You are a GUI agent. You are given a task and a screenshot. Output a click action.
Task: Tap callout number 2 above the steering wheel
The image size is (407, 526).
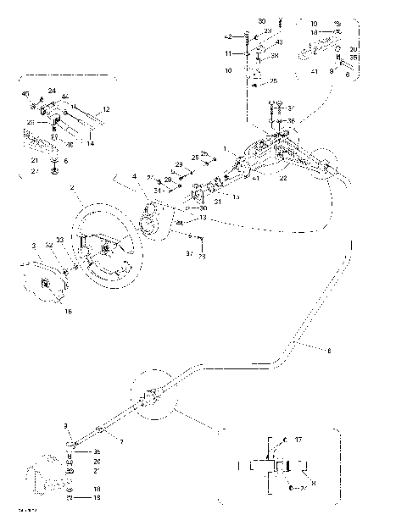click(74, 187)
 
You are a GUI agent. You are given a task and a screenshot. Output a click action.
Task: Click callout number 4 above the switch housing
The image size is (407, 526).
click(134, 176)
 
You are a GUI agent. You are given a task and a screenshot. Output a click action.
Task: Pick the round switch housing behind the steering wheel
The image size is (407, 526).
click(153, 222)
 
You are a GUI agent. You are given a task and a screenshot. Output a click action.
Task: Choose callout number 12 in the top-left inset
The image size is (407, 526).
click(107, 109)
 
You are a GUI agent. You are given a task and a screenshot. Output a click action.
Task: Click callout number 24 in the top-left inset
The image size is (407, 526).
click(52, 91)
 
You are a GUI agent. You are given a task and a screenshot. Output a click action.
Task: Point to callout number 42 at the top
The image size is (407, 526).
click(228, 36)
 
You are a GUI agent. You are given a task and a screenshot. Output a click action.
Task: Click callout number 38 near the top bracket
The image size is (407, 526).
click(275, 56)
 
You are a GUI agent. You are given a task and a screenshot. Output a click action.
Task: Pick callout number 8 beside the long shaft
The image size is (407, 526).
click(329, 349)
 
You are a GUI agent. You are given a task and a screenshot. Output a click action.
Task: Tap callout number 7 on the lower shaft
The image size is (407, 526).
click(121, 443)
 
